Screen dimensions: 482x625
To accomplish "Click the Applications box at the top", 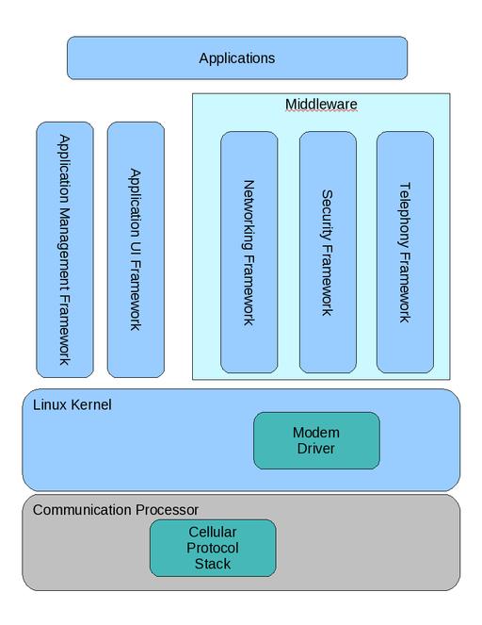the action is click(237, 58).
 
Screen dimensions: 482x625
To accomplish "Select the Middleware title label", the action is click(321, 105).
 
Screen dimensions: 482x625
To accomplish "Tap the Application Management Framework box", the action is click(65, 250).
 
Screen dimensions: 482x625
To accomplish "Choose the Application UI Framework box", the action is click(136, 250).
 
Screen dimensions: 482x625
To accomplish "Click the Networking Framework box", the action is click(249, 253).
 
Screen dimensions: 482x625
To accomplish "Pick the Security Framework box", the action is click(328, 253).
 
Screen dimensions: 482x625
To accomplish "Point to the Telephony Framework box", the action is click(405, 253).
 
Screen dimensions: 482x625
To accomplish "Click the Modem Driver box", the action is click(316, 440).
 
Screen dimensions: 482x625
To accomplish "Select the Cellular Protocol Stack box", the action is click(213, 548).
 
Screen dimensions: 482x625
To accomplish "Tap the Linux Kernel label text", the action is click(72, 405).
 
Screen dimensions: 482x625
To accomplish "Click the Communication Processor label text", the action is click(116, 510).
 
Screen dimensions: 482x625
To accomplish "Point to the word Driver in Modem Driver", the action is click(316, 449).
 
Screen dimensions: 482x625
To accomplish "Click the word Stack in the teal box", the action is click(213, 564).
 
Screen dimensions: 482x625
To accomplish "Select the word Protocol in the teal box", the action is click(213, 549).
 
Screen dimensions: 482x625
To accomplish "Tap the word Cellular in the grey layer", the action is click(213, 532).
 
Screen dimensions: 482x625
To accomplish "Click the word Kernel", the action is click(91, 405).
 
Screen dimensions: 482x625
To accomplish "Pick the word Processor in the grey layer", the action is click(167, 510).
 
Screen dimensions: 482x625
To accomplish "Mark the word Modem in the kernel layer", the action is click(316, 433).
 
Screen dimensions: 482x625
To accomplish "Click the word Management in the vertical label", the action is click(64, 250).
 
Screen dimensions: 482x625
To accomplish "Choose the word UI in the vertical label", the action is click(136, 250).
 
